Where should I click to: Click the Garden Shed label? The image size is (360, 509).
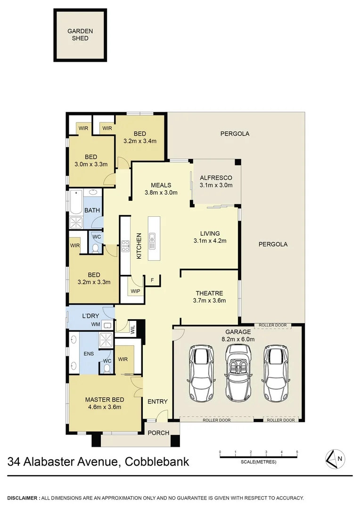pyautogui.click(x=80, y=34)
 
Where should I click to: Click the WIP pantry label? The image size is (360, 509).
pyautogui.click(x=135, y=291)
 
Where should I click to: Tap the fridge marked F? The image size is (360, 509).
pyautogui.click(x=152, y=280)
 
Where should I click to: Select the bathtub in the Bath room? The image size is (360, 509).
pyautogui.click(x=77, y=202)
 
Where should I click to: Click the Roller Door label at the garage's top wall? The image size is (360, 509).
pyautogui.click(x=273, y=325)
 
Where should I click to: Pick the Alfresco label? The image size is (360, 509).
pyautogui.click(x=216, y=178)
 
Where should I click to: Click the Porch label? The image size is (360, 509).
pyautogui.click(x=158, y=433)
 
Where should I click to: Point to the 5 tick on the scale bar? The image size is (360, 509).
pyautogui.click(x=297, y=452)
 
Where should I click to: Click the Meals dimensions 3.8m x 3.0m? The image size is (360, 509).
pyautogui.click(x=161, y=192)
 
